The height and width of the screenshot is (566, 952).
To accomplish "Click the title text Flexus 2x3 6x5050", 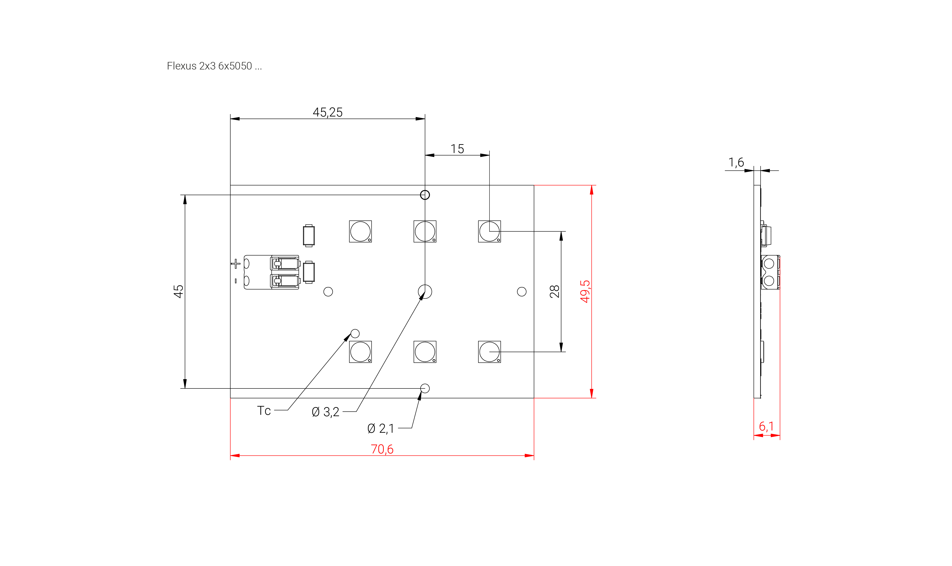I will click(x=214, y=66).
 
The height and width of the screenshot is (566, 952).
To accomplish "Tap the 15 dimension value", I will click(x=457, y=149).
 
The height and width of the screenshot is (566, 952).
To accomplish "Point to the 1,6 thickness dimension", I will click(x=736, y=163).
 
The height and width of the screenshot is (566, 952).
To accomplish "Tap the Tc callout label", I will click(x=264, y=411).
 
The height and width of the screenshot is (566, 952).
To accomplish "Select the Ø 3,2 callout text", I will click(x=325, y=412).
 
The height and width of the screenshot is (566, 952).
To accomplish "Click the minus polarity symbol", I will click(x=236, y=281).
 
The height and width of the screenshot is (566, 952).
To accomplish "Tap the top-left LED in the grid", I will click(x=360, y=231).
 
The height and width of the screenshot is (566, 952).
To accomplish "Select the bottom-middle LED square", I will click(x=425, y=352).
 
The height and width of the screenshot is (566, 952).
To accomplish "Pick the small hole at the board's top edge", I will click(x=425, y=195).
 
